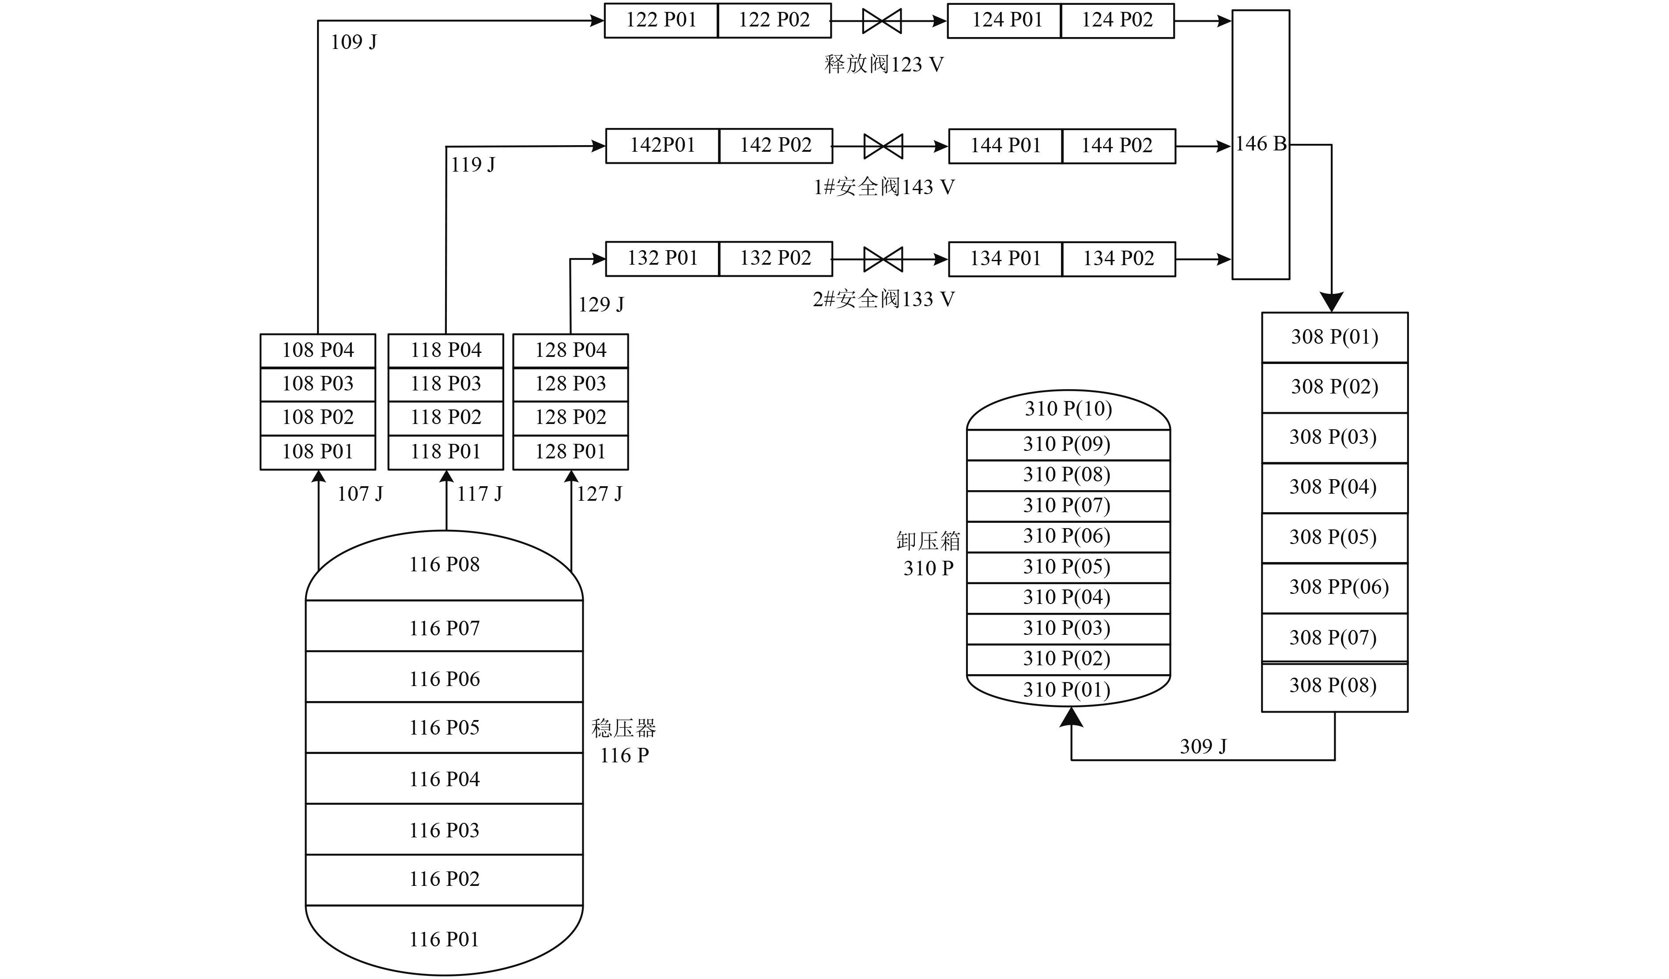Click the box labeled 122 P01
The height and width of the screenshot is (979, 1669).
click(x=661, y=21)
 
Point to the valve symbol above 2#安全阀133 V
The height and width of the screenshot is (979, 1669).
click(x=883, y=259)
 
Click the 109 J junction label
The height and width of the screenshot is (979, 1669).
click(x=354, y=42)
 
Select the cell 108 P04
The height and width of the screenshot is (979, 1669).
click(x=318, y=351)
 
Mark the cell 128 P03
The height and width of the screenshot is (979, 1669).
click(x=571, y=384)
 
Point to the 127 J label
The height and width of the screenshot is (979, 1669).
click(x=600, y=494)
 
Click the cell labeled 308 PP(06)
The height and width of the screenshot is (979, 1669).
click(x=1334, y=588)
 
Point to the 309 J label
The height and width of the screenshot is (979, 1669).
click(x=1203, y=746)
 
